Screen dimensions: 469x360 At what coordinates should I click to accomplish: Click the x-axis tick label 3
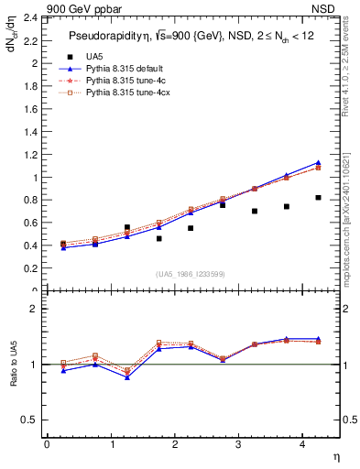pos(238,444)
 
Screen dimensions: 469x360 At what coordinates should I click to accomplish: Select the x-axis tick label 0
pos(47,444)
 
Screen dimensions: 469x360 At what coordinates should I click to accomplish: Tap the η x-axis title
pos(335,455)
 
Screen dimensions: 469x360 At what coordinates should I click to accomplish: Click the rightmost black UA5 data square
pos(318,197)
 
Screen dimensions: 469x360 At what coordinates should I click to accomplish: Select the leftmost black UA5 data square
pos(62,244)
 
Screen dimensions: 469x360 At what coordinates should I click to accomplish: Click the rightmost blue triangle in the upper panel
pos(318,162)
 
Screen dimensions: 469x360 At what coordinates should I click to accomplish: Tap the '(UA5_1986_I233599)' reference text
pos(190,274)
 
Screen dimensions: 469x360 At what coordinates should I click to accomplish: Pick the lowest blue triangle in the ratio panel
pos(126,377)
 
